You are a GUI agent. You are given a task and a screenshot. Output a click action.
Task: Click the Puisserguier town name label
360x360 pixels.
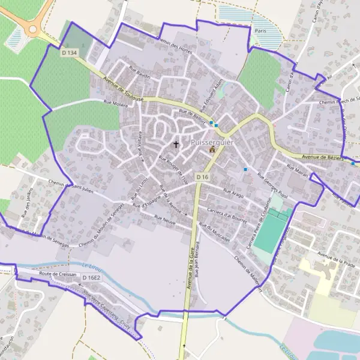[211, 142]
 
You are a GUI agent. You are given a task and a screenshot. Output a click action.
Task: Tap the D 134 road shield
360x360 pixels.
[70, 53]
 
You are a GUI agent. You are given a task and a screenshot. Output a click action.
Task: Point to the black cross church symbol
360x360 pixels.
[176, 144]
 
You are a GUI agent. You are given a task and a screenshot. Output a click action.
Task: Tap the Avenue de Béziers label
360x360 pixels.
[322, 157]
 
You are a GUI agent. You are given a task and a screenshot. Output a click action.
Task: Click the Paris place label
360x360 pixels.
[260, 30]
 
